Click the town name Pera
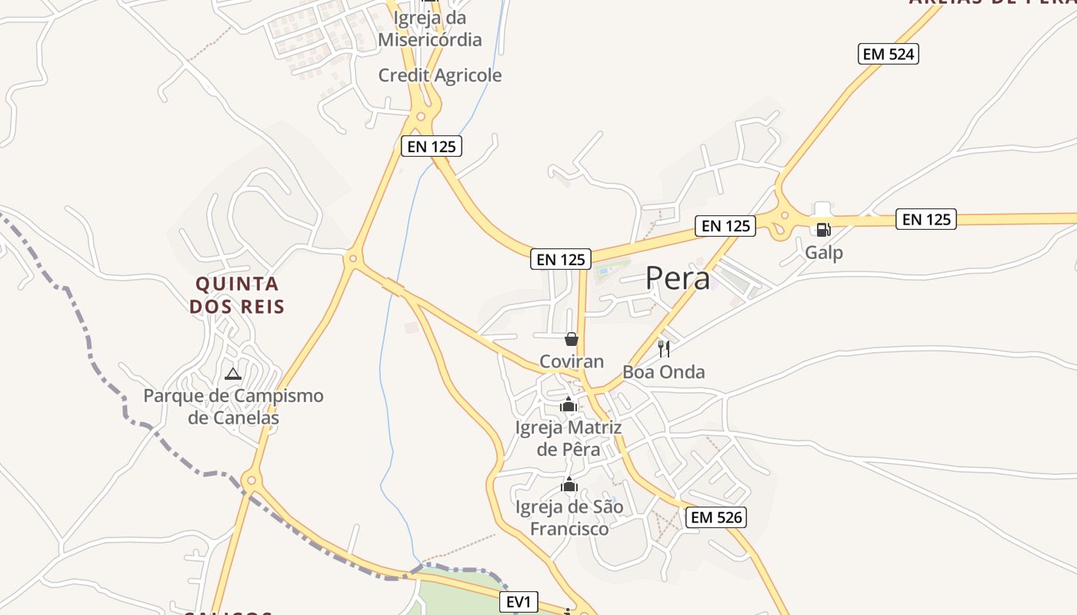(678, 278)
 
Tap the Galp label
(824, 252)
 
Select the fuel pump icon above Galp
(823, 229)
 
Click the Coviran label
(572, 361)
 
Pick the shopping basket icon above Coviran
(572, 339)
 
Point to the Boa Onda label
(663, 372)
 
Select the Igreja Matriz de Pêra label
(568, 438)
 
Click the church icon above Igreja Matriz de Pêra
(569, 404)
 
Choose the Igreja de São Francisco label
(569, 518)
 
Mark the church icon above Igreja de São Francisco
(569, 484)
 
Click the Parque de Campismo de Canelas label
(234, 407)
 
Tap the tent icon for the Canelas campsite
(233, 374)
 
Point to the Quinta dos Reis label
(237, 295)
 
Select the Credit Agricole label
(440, 75)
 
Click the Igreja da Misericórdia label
(430, 28)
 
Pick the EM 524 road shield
(889, 54)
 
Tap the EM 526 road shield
(717, 517)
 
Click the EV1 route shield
(519, 602)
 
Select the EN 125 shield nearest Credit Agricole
(432, 146)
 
